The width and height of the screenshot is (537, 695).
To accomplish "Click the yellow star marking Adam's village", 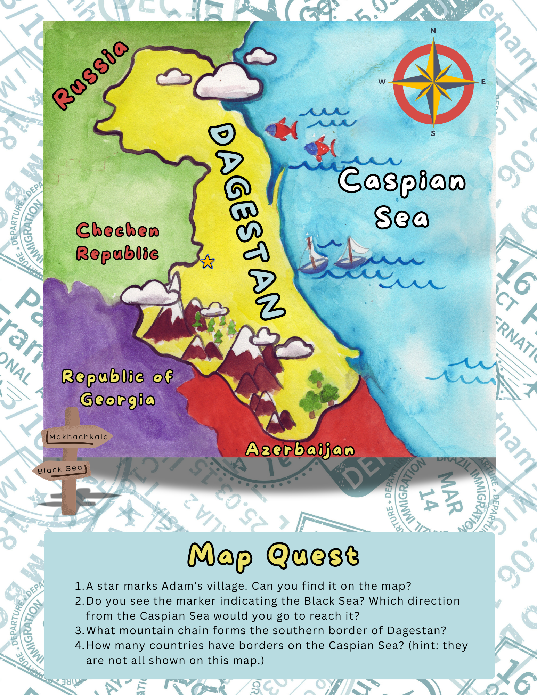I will (208, 261).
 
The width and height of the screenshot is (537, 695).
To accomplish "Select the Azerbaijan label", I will (300, 450).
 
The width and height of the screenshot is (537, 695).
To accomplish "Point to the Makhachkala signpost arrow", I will (78, 437).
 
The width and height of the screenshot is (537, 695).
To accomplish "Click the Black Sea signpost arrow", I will (61, 469).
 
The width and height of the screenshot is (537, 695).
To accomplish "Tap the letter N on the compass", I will (433, 31).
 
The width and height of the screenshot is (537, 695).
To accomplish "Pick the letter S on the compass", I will (433, 133).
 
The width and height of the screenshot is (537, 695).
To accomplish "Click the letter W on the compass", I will (382, 82).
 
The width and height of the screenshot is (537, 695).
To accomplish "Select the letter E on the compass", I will (483, 82).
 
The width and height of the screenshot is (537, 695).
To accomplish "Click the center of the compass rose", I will (433, 82).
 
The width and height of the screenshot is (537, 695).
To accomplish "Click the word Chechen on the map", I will (117, 231).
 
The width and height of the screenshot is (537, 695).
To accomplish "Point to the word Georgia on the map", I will (117, 400).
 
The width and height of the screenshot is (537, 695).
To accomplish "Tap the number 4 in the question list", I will (78, 646).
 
